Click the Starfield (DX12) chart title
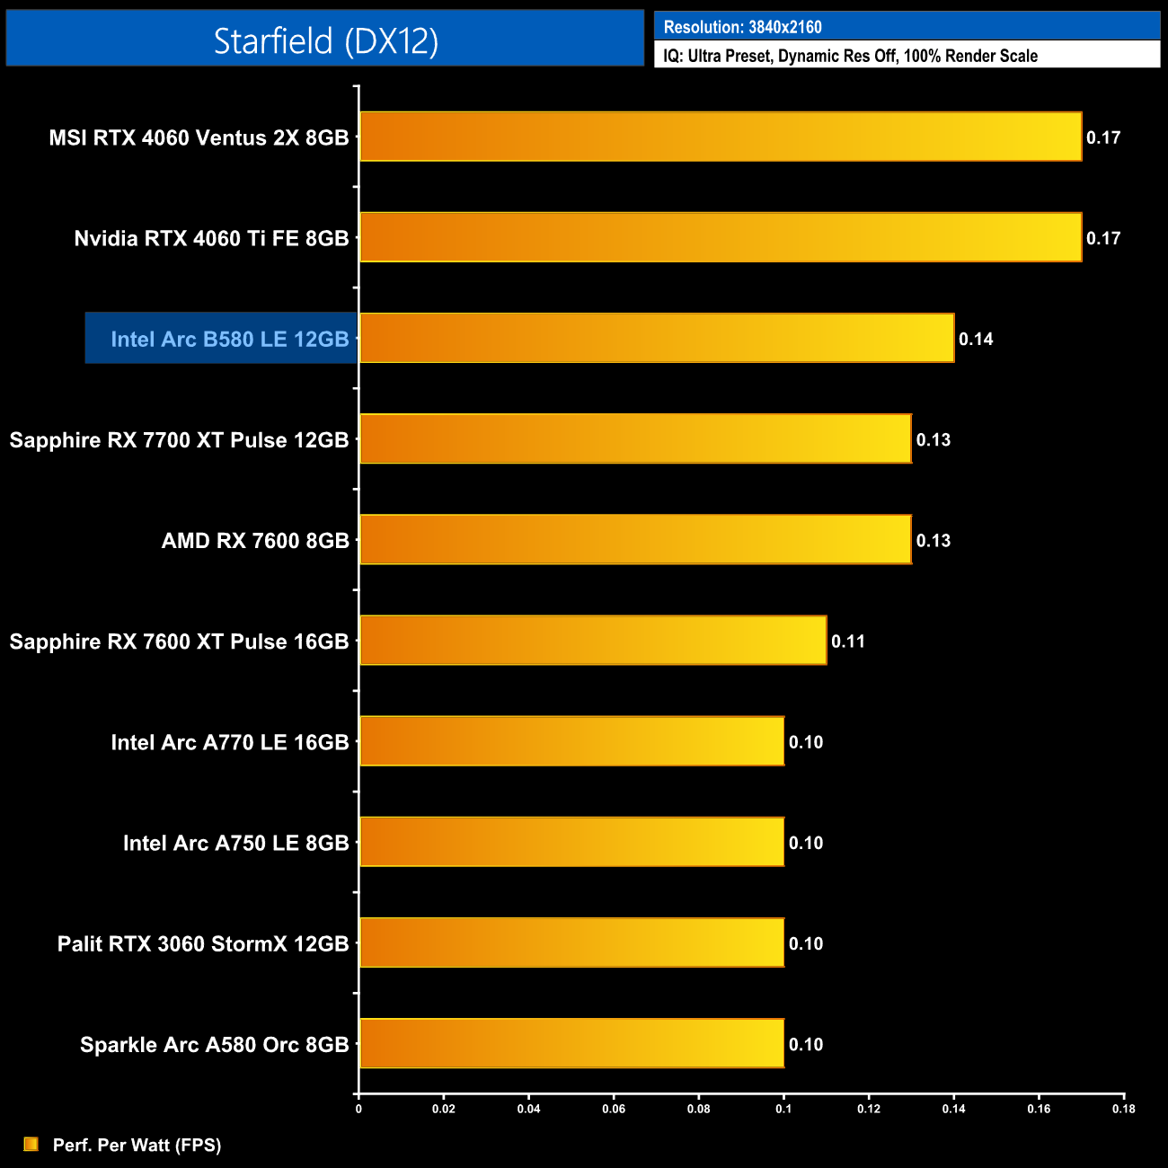325,40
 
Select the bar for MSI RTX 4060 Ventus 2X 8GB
721,137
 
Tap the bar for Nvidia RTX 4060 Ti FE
721,237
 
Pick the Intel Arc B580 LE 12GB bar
657,338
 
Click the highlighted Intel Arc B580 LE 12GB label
229,339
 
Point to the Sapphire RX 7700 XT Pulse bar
635,438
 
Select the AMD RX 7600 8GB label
255,541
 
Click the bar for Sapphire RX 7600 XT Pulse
593,641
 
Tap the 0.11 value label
848,642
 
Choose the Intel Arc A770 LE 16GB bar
571,741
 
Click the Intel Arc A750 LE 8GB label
235,843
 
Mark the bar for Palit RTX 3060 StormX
571,942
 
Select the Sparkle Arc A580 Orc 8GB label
214,1045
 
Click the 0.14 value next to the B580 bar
976,339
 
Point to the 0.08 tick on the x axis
698,1109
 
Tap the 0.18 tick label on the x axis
1123,1109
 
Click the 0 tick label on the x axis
358,1109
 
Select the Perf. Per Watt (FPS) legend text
137,1145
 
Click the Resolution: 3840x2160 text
742,27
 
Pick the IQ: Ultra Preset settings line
850,56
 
